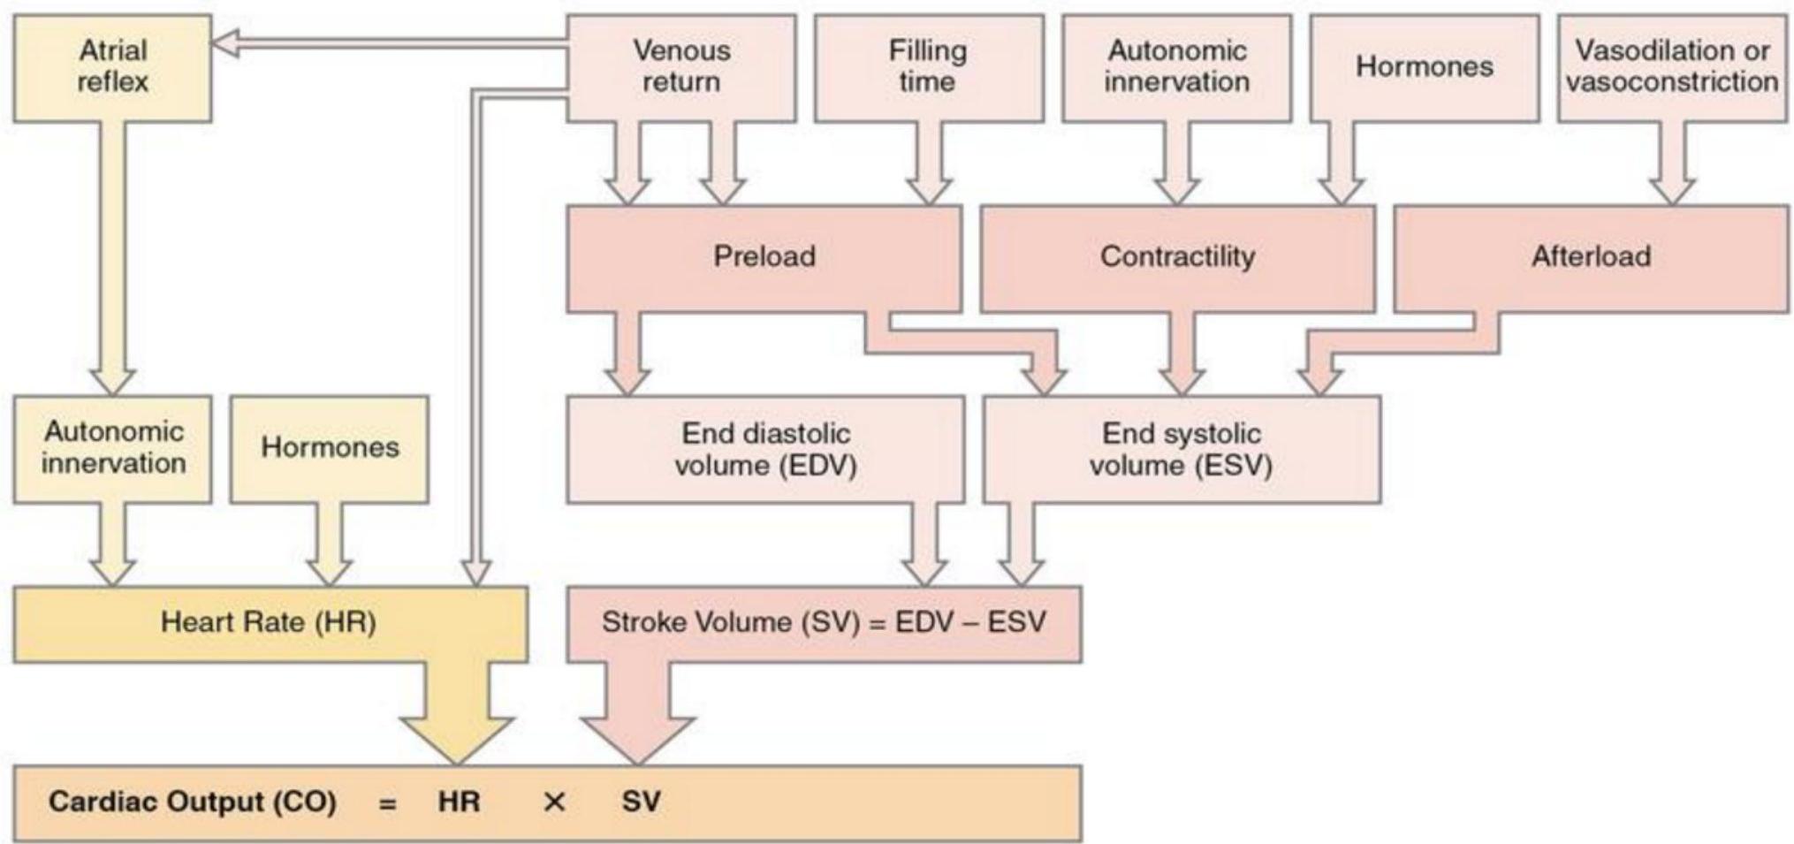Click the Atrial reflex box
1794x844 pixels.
coord(112,67)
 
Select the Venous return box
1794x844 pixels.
coord(680,67)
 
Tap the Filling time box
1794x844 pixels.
coord(928,67)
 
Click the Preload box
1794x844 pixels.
coord(764,257)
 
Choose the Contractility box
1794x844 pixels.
coord(1177,257)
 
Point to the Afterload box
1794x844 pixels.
coord(1591,257)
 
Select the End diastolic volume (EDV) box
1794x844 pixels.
coord(765,449)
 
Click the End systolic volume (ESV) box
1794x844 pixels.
coord(1181,449)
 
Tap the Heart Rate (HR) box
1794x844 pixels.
coord(270,623)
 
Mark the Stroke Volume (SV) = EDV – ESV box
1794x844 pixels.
coord(824,623)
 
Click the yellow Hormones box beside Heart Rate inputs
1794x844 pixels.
coord(330,449)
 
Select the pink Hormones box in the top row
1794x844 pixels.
coord(1424,67)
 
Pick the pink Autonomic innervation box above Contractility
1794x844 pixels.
coord(1176,67)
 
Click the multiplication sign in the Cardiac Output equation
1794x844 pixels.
coord(554,802)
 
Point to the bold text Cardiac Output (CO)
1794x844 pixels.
coord(193,802)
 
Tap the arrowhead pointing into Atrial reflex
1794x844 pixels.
coord(226,44)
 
